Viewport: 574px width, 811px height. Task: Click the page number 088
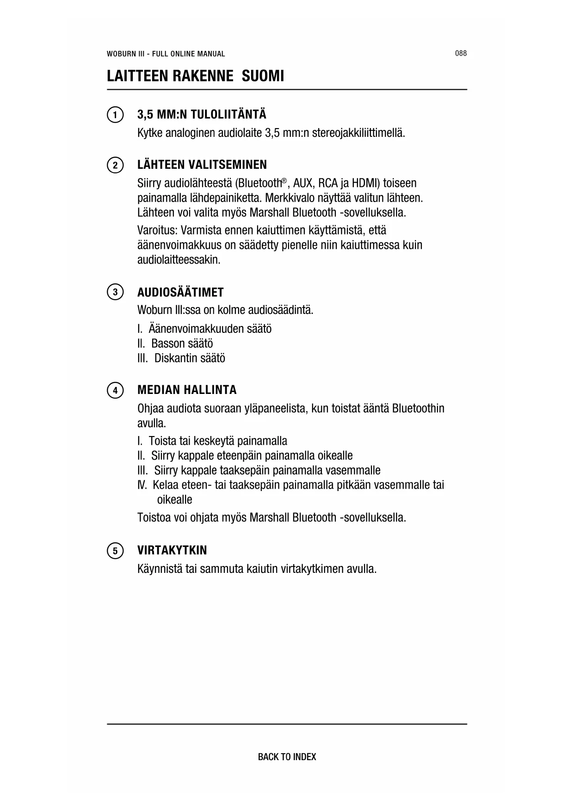tap(461, 53)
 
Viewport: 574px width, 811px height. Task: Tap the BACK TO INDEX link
tap(287, 757)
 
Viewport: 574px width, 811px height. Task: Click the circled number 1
tap(115, 115)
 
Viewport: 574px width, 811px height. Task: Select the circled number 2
tap(115, 165)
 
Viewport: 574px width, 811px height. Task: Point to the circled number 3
tap(115, 292)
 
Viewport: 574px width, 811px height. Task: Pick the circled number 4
tap(115, 390)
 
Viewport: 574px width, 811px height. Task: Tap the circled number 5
tap(115, 551)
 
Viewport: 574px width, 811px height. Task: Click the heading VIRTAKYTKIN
tap(172, 550)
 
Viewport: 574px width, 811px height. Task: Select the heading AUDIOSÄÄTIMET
tap(180, 292)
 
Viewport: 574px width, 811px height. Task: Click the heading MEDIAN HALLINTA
tap(187, 390)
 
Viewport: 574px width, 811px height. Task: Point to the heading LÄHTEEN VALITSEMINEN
tap(202, 165)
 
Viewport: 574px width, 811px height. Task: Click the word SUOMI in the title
tap(263, 76)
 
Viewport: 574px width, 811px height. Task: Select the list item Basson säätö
tap(182, 344)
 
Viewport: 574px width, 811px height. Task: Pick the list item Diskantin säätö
tap(190, 358)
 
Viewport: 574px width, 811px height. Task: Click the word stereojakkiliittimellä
tap(358, 133)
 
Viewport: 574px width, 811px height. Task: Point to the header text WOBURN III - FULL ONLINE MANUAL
tap(166, 54)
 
